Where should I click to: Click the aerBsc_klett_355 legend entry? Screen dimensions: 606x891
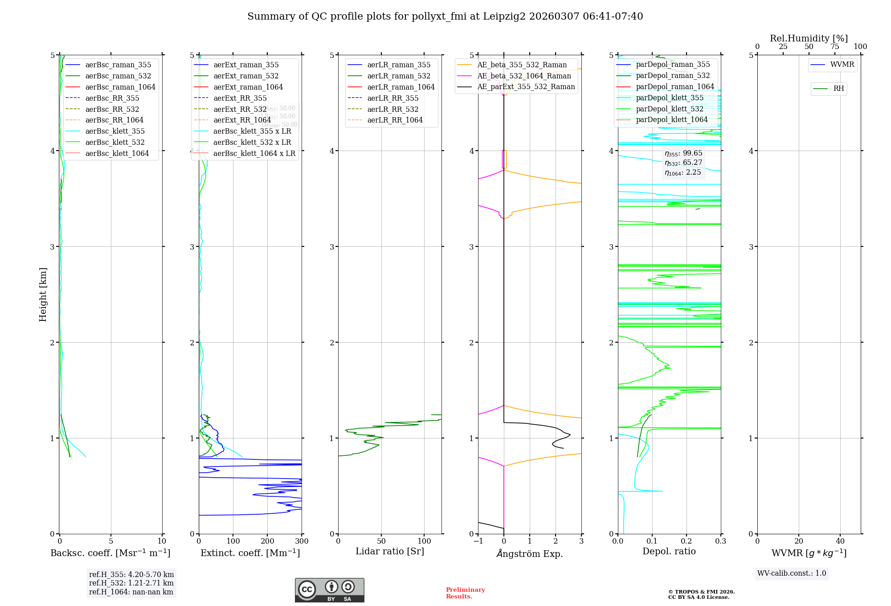point(114,131)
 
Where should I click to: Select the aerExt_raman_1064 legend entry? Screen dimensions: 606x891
point(248,87)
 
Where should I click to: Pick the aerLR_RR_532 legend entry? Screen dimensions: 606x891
point(392,109)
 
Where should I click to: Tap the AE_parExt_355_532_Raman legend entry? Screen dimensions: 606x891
point(526,86)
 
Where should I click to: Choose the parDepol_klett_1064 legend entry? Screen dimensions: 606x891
point(671,119)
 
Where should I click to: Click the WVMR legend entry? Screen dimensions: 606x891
point(842,65)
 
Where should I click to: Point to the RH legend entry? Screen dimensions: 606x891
point(838,89)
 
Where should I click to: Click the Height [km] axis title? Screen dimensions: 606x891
point(43,294)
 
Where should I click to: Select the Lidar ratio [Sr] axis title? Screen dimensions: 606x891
point(390,551)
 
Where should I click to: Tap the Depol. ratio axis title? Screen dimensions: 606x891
point(669,551)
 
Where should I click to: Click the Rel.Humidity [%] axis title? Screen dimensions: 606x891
point(809,38)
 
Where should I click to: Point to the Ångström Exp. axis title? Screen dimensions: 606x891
point(530,553)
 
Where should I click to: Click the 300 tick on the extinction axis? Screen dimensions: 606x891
point(302,541)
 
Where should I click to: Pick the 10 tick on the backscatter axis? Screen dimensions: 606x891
point(162,541)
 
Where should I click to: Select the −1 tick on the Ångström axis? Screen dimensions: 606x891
point(478,541)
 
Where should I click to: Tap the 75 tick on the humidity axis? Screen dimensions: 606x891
point(834,47)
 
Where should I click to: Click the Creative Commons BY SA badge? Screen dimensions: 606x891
point(329,590)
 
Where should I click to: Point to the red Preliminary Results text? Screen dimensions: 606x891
point(465,593)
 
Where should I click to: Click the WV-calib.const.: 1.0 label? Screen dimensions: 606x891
point(792,573)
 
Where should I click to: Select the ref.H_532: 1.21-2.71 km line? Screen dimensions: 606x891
point(131,583)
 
